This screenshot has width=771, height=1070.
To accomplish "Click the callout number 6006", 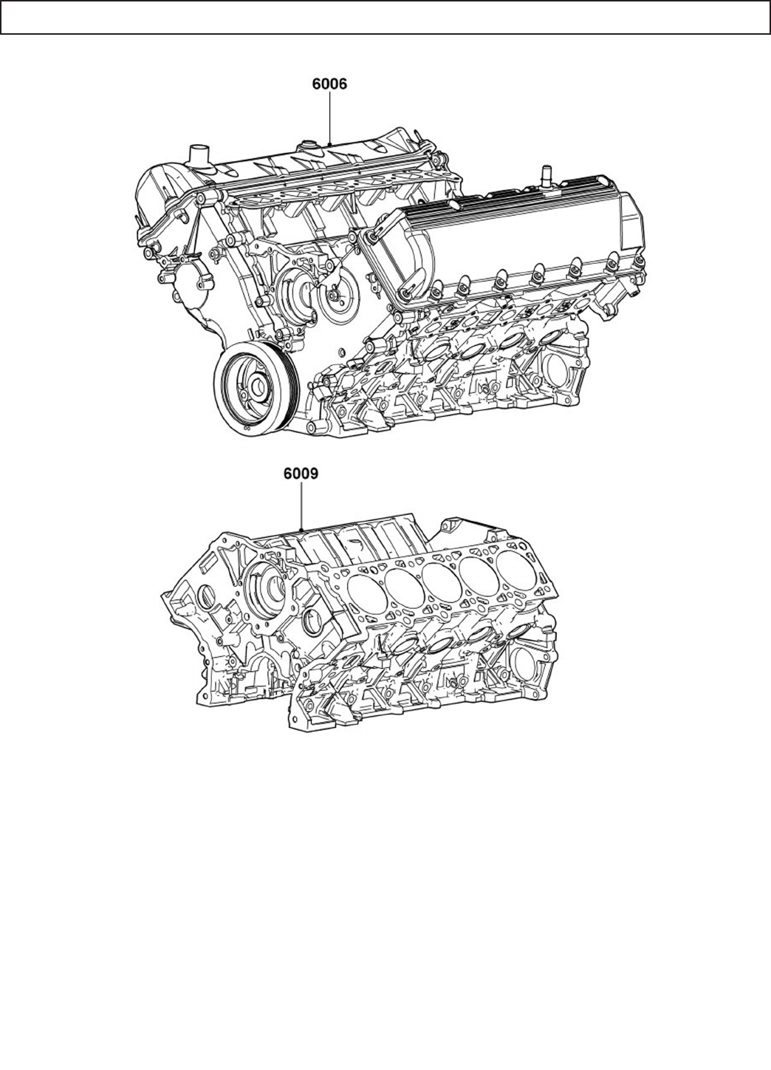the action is click(329, 84).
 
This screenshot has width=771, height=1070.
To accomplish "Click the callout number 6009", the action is click(301, 474).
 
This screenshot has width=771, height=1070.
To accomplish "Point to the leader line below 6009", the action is click(301, 506).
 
